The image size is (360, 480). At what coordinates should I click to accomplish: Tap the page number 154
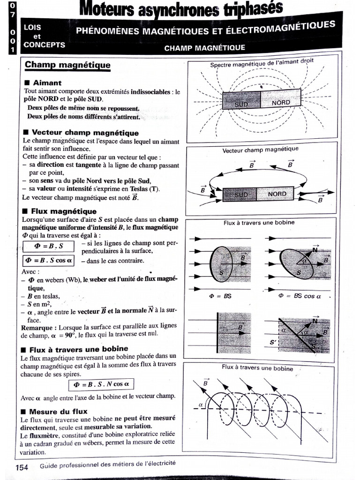coord(22,467)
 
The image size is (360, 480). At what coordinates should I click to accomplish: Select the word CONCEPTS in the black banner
coord(44,45)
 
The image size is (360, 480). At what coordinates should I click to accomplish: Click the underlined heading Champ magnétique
coord(67,65)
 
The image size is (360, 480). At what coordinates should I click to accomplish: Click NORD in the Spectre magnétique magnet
coord(281,102)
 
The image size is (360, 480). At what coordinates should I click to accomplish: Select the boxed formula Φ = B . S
coord(48,246)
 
